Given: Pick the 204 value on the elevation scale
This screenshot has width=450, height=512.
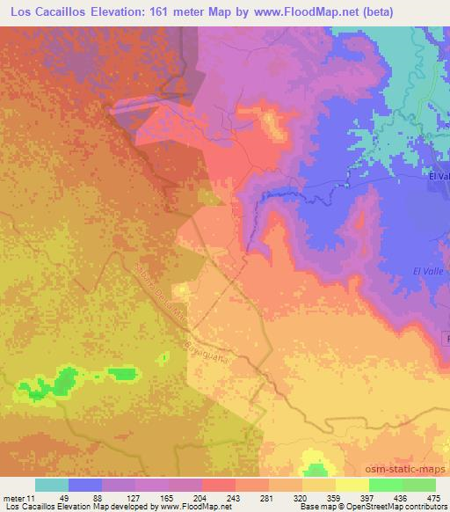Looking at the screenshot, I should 200,497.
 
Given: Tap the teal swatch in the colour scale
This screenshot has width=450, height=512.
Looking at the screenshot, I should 52,485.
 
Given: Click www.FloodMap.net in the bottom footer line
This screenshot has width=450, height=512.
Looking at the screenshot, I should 188,508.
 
